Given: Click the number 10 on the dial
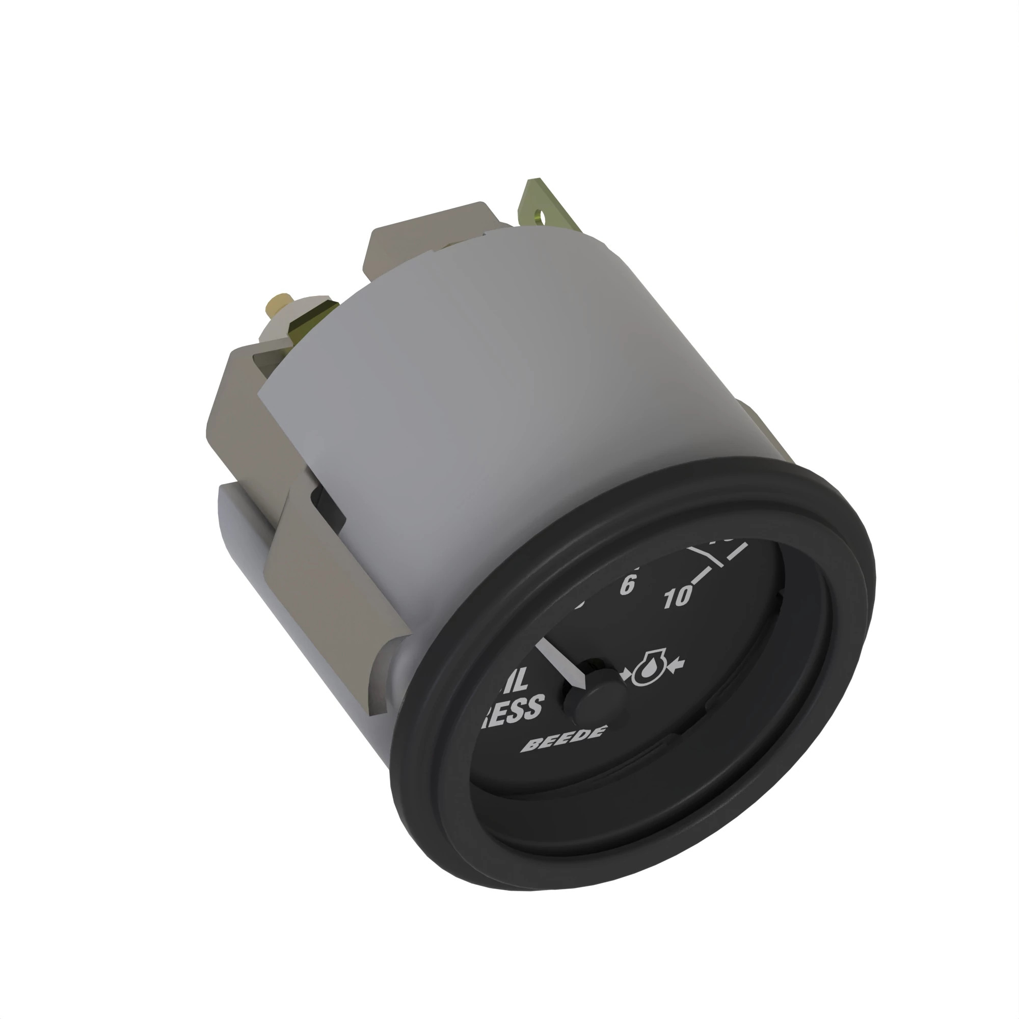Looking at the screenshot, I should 678,597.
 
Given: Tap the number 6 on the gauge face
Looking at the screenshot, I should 628,584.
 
